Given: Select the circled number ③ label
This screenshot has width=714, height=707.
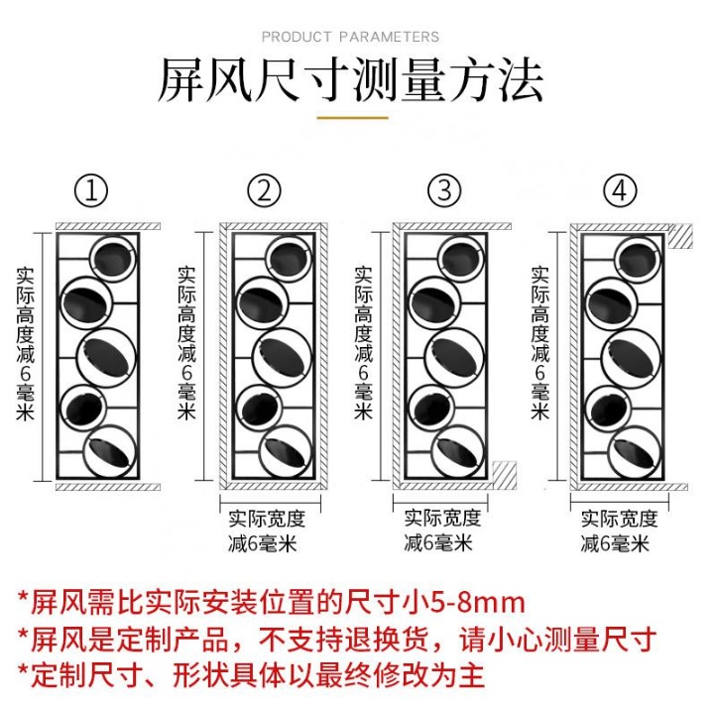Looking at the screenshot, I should coord(444,189).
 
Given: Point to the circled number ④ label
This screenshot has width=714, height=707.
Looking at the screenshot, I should coord(619,189).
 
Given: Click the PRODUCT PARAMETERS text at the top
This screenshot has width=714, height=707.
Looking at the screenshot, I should coord(350,37).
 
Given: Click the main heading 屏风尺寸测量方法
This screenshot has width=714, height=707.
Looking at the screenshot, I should coord(350,82).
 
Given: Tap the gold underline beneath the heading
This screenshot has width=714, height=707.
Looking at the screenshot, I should coord(351,118).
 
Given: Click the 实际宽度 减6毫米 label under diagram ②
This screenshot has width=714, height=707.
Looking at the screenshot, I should coord(266,530).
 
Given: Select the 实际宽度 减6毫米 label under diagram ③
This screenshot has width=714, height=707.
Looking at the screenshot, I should coord(442,530).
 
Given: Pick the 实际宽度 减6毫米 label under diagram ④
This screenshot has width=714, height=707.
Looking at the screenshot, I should coord(619,530).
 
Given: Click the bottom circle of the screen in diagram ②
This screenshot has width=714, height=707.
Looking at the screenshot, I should coord(288,449).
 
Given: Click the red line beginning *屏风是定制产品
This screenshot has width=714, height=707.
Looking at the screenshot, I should coord(336,639).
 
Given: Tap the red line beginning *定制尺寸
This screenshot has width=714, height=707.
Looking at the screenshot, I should coord(252,675).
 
